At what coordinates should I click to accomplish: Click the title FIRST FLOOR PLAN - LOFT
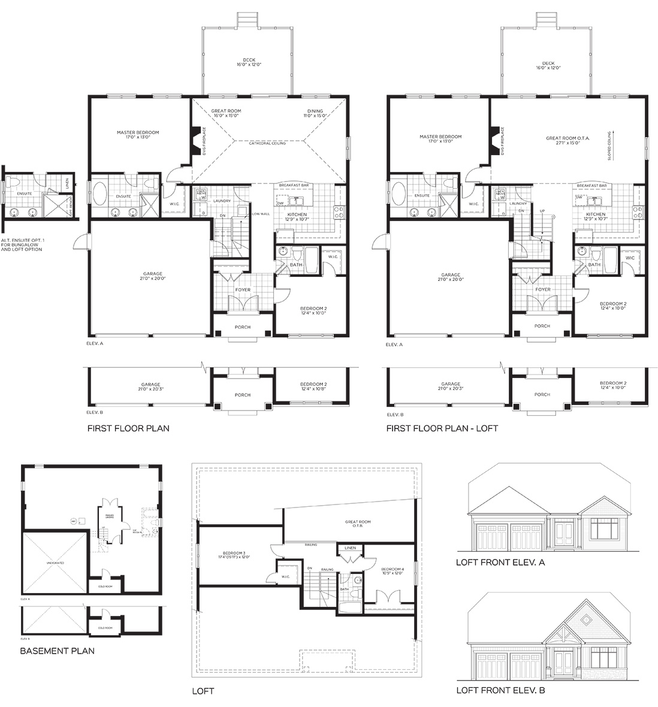point(442,428)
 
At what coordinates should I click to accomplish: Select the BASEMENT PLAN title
point(57,651)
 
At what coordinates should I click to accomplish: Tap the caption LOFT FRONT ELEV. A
point(500,563)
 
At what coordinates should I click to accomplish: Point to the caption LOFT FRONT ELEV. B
point(500,690)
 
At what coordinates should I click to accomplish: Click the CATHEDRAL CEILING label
point(267,143)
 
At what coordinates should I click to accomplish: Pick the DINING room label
point(315,111)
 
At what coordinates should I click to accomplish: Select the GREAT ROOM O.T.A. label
point(568,138)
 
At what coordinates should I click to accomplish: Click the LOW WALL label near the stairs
point(260,214)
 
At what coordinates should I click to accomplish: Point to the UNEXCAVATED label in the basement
point(55,563)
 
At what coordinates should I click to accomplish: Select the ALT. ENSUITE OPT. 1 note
point(22,244)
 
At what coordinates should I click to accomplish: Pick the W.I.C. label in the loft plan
point(286,577)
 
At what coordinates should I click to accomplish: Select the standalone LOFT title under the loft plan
point(203,691)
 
